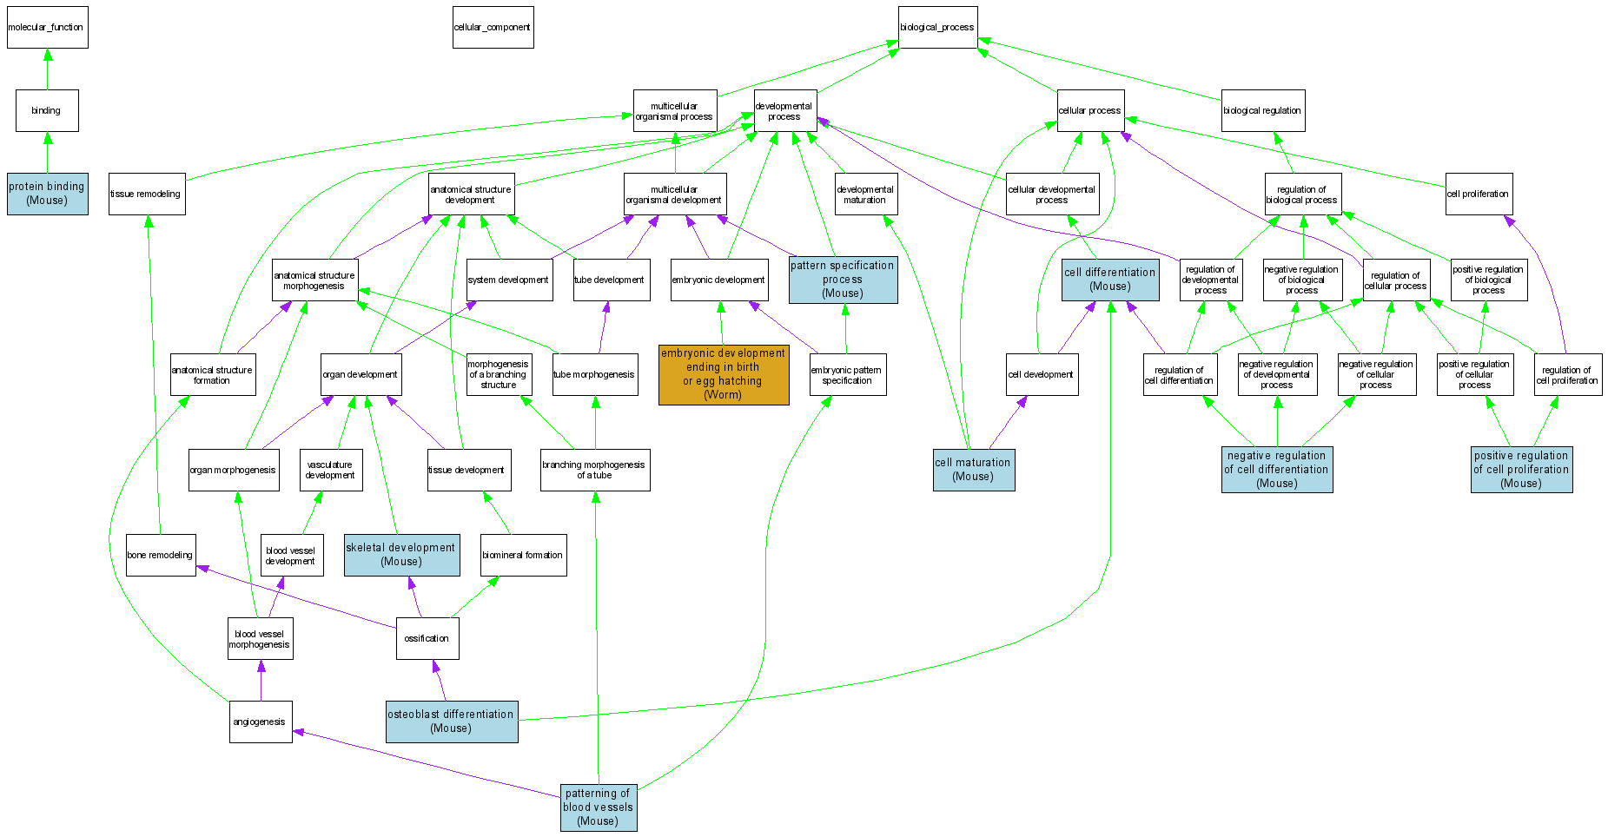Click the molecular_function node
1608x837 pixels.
pyautogui.click(x=47, y=28)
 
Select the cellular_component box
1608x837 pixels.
pyautogui.click(x=493, y=28)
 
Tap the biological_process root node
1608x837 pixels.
pyautogui.click(x=937, y=28)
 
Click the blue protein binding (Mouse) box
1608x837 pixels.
pyautogui.click(x=47, y=194)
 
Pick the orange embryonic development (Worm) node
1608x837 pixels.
pyautogui.click(x=723, y=374)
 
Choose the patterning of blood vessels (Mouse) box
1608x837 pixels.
pyautogui.click(x=599, y=807)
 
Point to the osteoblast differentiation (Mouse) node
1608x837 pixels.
pyautogui.click(x=452, y=722)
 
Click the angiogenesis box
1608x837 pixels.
pyautogui.click(x=260, y=722)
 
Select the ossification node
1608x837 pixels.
pyautogui.click(x=427, y=638)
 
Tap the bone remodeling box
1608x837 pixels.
pyautogui.click(x=161, y=555)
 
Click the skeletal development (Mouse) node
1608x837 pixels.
pyautogui.click(x=401, y=555)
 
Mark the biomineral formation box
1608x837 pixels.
pyautogui.click(x=523, y=555)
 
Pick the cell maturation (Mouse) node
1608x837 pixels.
pyautogui.click(x=973, y=470)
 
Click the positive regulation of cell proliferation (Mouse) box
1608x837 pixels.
pyautogui.click(x=1521, y=470)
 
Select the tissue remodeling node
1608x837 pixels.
pyautogui.click(x=146, y=194)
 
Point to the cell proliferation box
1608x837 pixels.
pyautogui.click(x=1478, y=194)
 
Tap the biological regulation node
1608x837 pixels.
pyautogui.click(x=1262, y=110)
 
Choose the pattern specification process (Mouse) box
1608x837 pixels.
pyautogui.click(x=843, y=280)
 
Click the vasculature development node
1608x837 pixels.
pyautogui.click(x=330, y=470)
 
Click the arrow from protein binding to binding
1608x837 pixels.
pyautogui.click(x=47, y=153)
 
